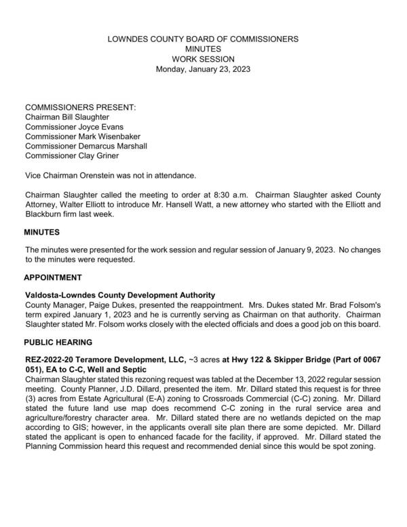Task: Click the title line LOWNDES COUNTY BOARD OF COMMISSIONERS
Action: click(x=203, y=39)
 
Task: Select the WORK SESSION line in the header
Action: click(x=203, y=59)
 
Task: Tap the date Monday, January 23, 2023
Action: click(x=203, y=69)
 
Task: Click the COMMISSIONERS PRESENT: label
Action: click(x=80, y=107)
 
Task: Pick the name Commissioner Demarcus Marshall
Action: click(x=85, y=146)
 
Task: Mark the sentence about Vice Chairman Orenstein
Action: click(x=111, y=175)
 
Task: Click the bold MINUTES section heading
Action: click(x=43, y=233)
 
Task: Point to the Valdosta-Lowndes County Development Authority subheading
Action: click(x=120, y=295)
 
